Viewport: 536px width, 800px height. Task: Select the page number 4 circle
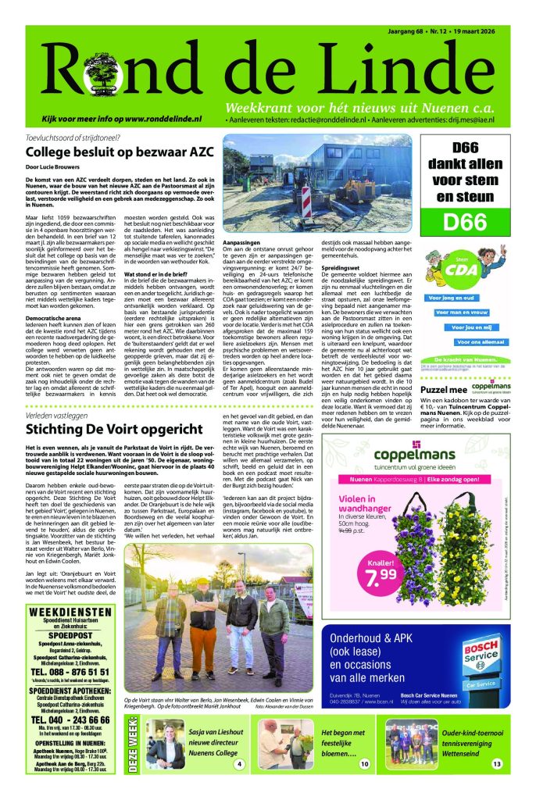pos(240,764)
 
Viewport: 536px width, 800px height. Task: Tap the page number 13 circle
pos(496,764)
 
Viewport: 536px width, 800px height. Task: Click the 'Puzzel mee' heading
pos(442,389)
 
